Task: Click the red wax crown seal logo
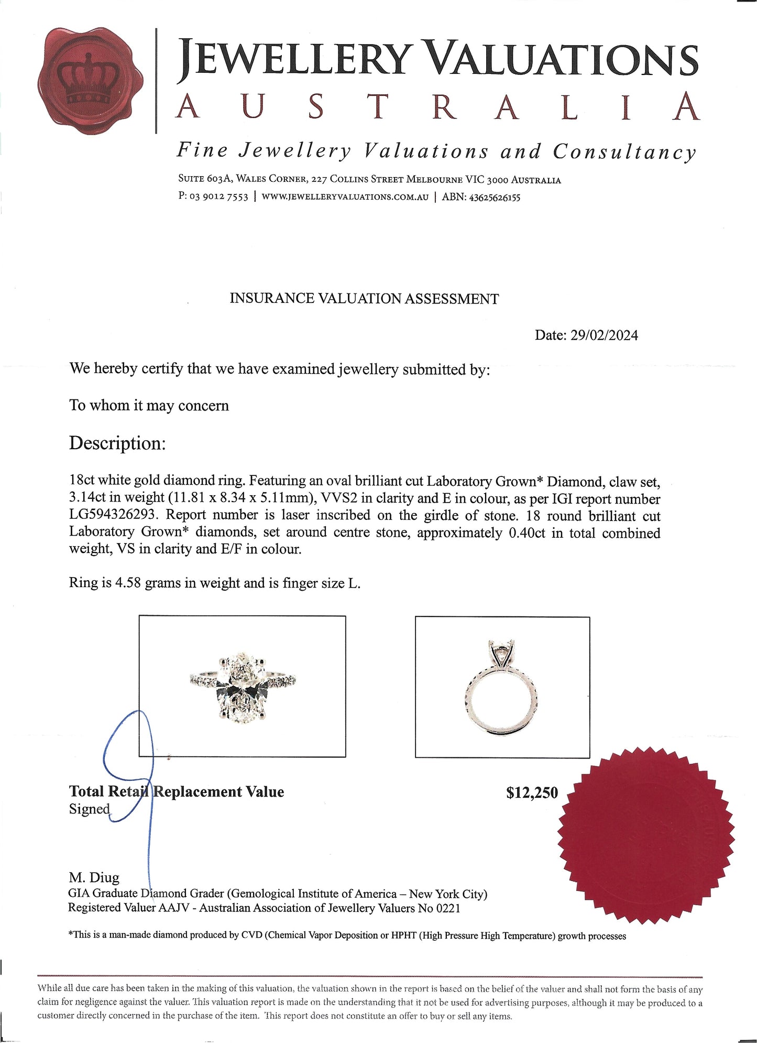click(x=90, y=81)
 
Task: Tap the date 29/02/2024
click(x=604, y=335)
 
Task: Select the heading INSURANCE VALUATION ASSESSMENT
click(x=364, y=299)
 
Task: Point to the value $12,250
click(x=532, y=792)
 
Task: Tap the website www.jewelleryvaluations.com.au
click(x=345, y=197)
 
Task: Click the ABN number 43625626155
click(x=495, y=198)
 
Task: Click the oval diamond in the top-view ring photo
click(x=242, y=688)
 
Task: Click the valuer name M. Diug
click(x=94, y=877)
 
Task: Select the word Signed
click(x=90, y=809)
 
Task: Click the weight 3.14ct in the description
click(x=87, y=498)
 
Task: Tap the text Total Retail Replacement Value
click(x=177, y=791)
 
